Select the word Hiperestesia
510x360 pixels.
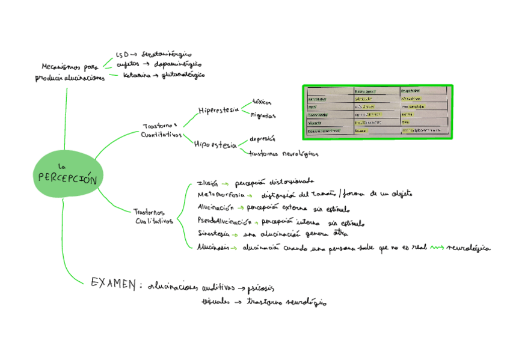[x=218, y=110]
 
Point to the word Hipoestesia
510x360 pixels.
[x=215, y=144]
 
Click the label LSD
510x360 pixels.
[x=122, y=54]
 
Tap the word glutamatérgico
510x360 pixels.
[x=183, y=75]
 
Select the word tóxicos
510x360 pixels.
[x=262, y=102]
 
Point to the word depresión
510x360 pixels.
[x=262, y=139]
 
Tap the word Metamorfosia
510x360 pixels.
[x=221, y=195]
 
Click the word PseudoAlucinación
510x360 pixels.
[x=224, y=221]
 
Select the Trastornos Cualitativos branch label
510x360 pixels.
[x=153, y=216]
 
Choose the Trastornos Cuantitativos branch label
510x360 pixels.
[x=161, y=130]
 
